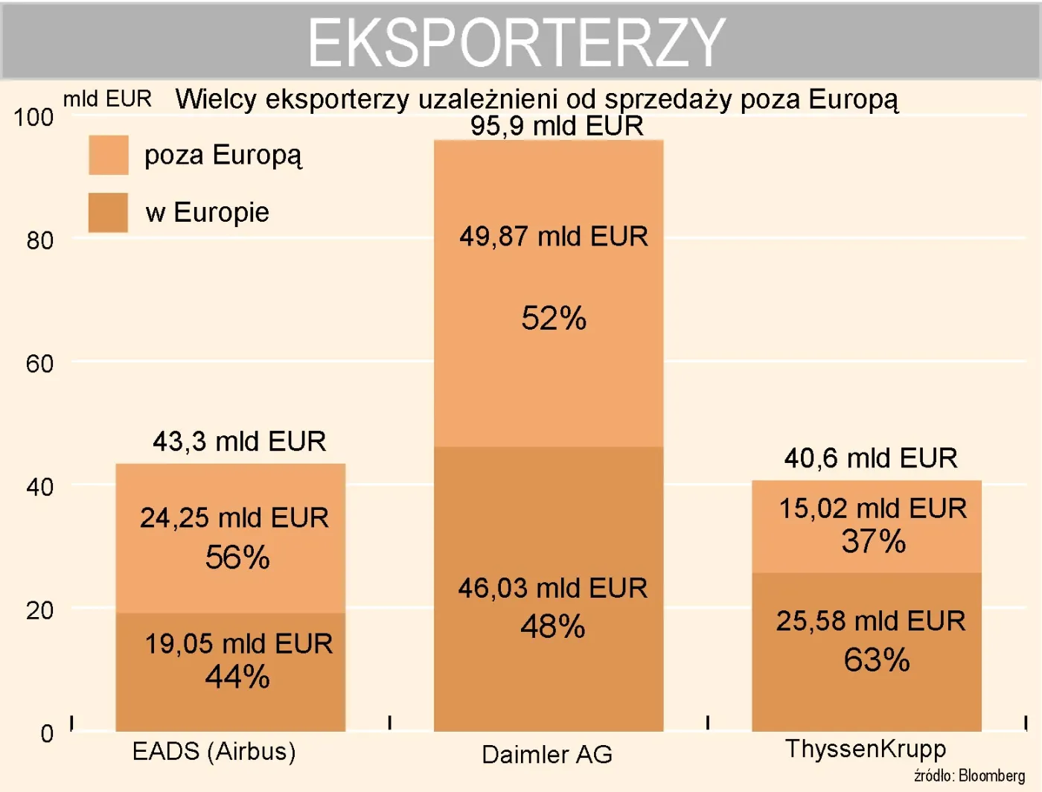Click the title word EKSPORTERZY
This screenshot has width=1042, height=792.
517,42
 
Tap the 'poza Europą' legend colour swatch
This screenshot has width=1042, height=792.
109,155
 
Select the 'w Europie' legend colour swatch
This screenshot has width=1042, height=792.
109,213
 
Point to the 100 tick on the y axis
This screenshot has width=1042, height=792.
33,118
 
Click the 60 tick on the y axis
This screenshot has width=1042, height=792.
39,364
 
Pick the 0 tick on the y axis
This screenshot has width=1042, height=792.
47,733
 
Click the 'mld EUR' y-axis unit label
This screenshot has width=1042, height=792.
107,99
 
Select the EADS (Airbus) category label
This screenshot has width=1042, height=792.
214,751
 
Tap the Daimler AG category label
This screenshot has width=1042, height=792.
547,754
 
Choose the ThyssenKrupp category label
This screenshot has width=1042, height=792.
866,748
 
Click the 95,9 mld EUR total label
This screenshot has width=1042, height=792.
557,126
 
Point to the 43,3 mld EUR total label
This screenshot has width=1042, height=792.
239,441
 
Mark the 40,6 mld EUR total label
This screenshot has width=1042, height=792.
871,458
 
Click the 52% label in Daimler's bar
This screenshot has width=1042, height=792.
554,319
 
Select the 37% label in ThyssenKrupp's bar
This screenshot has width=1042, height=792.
873,541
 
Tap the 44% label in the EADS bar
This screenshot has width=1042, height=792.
237,677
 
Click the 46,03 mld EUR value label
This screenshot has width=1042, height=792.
552,588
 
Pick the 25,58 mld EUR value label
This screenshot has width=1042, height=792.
871,621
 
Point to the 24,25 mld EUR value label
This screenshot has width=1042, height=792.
234,517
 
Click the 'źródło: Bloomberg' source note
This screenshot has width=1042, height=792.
969,776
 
